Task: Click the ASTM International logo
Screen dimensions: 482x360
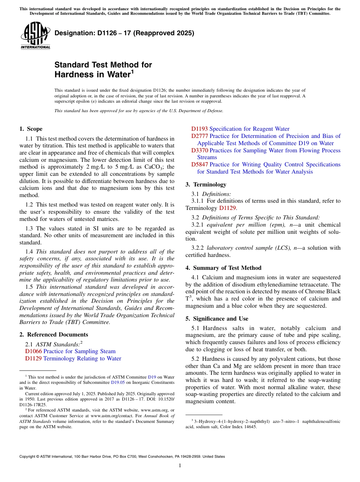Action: click(35, 35)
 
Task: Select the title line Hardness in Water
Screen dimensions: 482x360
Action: click(92, 75)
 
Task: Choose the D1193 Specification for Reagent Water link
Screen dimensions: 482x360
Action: click(240, 129)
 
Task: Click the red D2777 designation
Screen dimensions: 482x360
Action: click(199, 136)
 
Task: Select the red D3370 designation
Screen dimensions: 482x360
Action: click(199, 150)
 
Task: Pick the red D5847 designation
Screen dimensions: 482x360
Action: click(199, 164)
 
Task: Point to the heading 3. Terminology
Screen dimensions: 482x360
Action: click(206, 185)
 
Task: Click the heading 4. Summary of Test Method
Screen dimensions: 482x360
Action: click(223, 268)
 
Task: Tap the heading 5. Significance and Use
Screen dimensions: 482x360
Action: click(217, 319)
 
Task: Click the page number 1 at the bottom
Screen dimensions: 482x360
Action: click(180, 466)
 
